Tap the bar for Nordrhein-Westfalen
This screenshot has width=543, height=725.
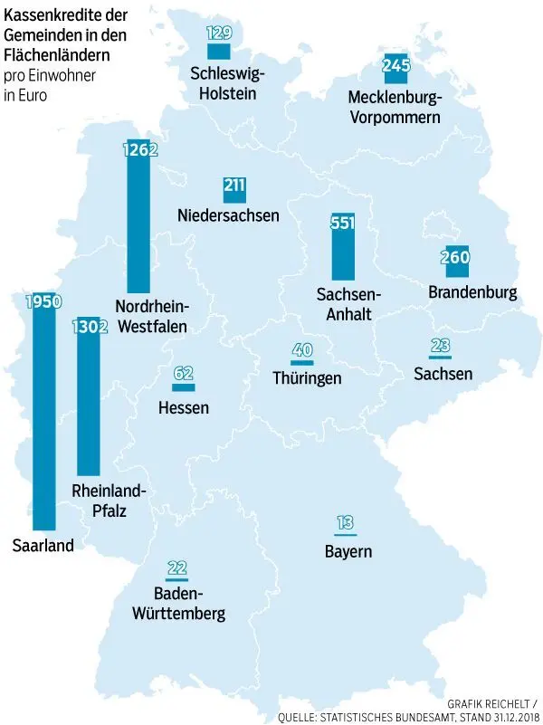pos(138,226)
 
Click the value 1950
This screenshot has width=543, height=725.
pos(43,301)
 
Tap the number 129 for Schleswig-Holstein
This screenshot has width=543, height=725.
pos(219,33)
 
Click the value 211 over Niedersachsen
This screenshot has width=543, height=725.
pos(234,186)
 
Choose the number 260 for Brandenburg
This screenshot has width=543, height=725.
pos(455,257)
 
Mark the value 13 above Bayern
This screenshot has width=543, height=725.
pos(345,522)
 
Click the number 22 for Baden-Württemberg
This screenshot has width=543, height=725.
pos(176,568)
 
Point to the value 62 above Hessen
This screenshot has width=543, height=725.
pos(184,372)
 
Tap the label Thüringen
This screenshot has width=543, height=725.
pos(307,378)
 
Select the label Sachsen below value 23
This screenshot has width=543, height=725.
pos(443,373)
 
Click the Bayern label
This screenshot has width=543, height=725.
pos(348,551)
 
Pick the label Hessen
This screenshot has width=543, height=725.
pos(184,407)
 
